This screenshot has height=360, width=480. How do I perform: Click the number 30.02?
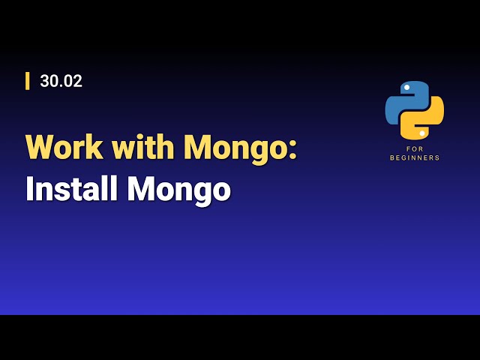click(61, 81)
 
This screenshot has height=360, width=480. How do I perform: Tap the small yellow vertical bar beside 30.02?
click(28, 81)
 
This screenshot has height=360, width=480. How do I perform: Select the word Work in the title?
click(64, 147)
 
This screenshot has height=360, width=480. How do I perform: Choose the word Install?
click(71, 189)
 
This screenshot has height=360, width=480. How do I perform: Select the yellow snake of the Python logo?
click(425, 120)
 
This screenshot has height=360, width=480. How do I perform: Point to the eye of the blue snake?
click(406, 88)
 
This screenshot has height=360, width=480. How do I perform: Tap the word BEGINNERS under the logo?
click(415, 158)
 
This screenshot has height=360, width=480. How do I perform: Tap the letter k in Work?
click(96, 147)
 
